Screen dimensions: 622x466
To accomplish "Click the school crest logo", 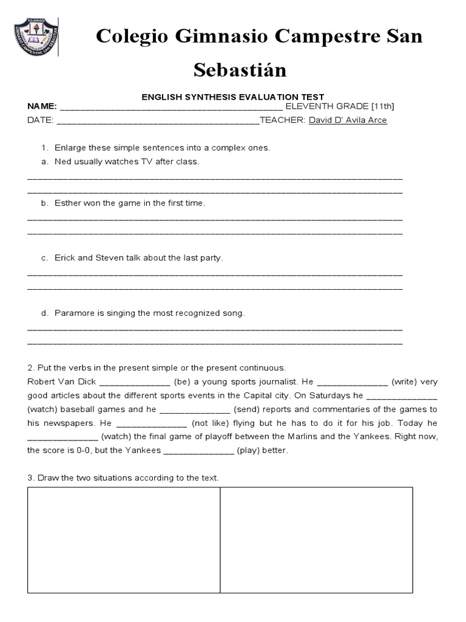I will [36, 38].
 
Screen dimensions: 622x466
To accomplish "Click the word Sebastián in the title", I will [240, 70].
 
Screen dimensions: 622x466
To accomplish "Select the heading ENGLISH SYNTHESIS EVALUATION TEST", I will [233, 97].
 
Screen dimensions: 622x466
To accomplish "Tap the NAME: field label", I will [42, 106].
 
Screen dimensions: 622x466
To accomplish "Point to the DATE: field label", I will [41, 120].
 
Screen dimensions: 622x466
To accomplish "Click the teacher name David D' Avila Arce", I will [348, 120].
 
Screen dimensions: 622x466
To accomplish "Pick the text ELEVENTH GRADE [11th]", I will [340, 106].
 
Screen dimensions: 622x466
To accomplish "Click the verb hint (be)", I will [183, 382].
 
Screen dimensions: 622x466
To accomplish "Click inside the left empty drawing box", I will [123, 540].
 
